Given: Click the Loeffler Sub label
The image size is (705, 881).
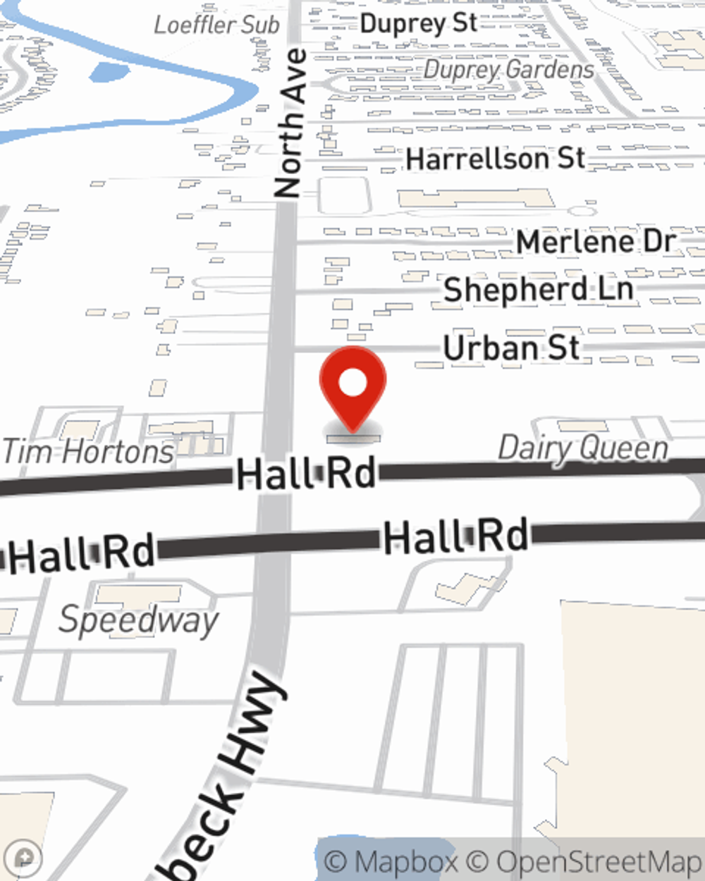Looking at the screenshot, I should click(216, 25).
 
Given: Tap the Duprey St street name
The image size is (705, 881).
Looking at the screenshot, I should click(419, 23).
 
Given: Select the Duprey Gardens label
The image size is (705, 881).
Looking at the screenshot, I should click(509, 69).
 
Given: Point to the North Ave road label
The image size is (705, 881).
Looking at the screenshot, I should click(290, 123).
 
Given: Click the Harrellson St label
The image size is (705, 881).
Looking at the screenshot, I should click(496, 159).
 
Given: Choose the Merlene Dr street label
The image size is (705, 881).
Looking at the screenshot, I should click(596, 242).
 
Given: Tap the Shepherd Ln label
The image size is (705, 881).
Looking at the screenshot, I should click(538, 290).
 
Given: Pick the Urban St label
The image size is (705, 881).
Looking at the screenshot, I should click(511, 348).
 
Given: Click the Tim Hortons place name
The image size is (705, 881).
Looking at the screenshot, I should click(88, 452).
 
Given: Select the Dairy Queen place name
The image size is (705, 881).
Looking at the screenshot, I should click(583, 449).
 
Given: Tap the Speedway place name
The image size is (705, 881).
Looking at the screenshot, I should click(138, 620).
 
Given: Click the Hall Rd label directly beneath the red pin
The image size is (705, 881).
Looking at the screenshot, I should click(306, 474).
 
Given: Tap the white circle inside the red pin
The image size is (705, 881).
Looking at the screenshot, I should click(352, 383).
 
